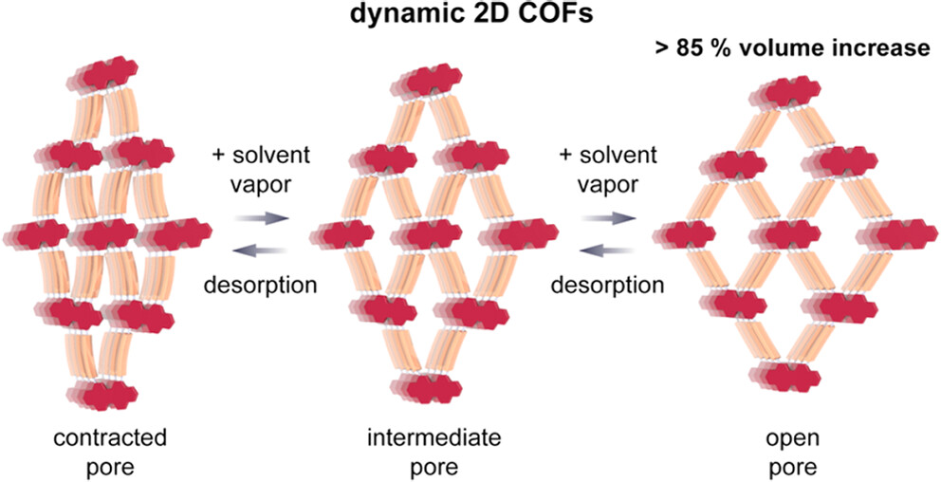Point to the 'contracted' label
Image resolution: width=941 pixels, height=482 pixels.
(110, 437)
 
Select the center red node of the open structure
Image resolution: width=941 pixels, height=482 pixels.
(786, 232)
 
